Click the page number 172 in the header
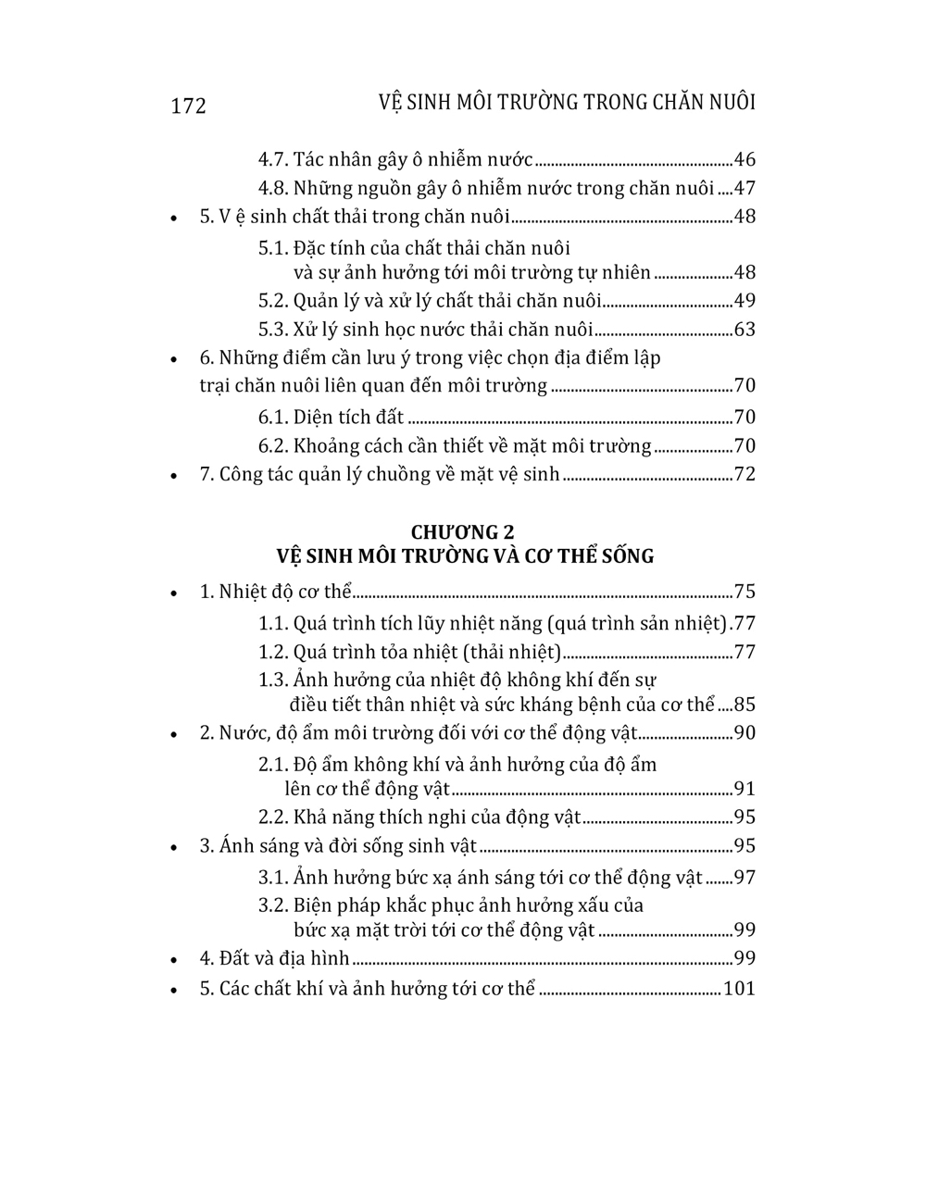(189, 106)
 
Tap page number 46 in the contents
(745, 159)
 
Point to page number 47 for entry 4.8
(745, 188)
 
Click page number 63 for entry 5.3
(745, 330)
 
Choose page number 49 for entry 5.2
(745, 301)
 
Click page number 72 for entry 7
(745, 474)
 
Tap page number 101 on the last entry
(739, 988)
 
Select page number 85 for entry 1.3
(745, 705)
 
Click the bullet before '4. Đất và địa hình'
(173, 960)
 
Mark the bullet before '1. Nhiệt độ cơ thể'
(173, 593)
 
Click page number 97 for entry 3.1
(745, 877)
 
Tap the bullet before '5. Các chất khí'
(173, 990)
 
